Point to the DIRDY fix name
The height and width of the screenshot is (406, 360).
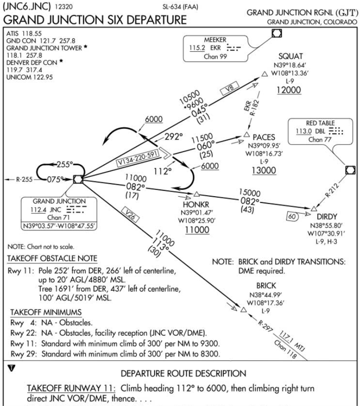tap(324, 217)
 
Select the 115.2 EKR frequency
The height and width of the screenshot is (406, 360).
tap(196, 50)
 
